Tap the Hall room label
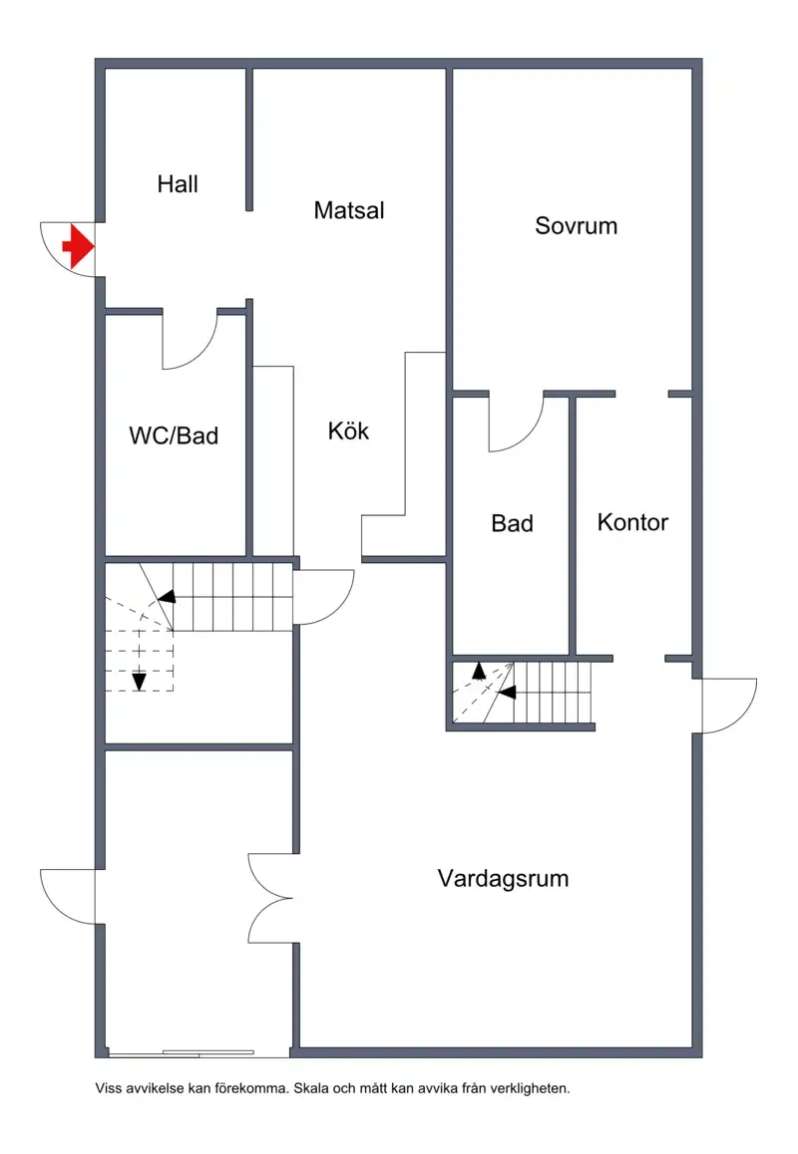(178, 184)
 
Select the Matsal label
(349, 210)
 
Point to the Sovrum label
(576, 225)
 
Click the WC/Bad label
(174, 435)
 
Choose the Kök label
(349, 431)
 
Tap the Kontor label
(632, 522)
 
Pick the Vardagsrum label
(503, 878)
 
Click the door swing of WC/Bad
(192, 342)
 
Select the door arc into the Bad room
(516, 423)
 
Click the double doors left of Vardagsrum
(269, 898)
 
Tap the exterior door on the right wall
(728, 706)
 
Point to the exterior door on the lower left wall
(68, 895)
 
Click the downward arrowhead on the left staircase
(139, 682)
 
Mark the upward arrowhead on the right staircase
(479, 670)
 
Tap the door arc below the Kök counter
(324, 596)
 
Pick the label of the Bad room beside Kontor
(512, 523)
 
